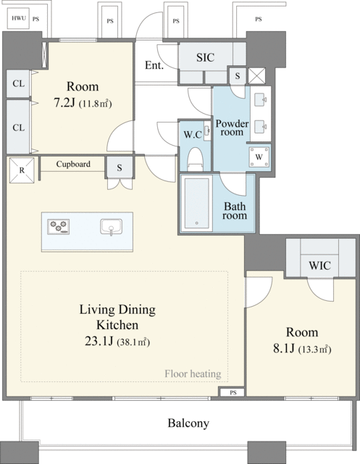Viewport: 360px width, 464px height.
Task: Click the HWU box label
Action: click(18, 18)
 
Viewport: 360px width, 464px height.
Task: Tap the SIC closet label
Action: click(205, 57)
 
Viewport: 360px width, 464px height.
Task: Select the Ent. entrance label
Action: click(154, 65)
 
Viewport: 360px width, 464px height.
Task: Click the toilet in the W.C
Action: click(195, 159)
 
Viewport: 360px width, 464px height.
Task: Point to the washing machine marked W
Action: click(259, 157)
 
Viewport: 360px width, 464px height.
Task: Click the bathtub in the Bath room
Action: click(196, 203)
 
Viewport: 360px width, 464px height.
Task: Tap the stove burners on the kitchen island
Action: click(59, 227)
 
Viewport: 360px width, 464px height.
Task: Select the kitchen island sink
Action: click(111, 227)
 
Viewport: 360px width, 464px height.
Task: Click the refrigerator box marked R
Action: click(22, 170)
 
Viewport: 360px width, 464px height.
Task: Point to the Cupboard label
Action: click(73, 164)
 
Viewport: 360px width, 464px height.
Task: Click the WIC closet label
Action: click(320, 265)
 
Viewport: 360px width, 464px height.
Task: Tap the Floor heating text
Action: click(193, 374)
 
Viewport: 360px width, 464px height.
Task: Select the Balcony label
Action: click(188, 423)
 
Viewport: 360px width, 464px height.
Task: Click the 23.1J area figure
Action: click(99, 341)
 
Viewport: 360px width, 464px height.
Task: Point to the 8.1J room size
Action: click(284, 349)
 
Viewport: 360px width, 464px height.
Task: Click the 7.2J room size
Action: click(64, 103)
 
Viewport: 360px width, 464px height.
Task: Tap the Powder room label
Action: click(232, 128)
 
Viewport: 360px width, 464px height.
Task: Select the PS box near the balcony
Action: click(233, 393)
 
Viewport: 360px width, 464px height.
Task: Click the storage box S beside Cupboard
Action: click(119, 167)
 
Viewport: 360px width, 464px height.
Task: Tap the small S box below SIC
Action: click(238, 75)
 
